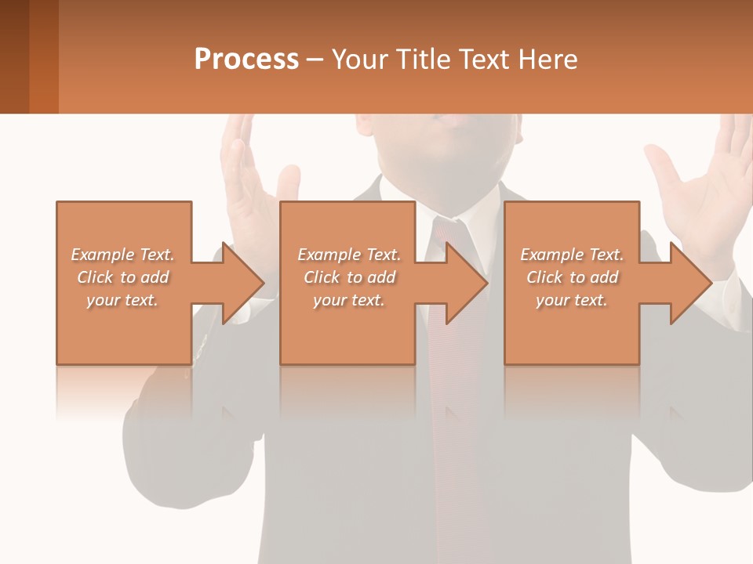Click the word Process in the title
point(246,60)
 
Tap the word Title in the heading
point(422,60)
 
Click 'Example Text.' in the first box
point(122,255)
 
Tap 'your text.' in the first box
point(122,300)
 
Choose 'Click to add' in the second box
point(349,277)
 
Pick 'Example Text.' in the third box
point(572,255)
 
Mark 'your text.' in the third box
point(572,300)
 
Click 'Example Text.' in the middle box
point(349,255)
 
